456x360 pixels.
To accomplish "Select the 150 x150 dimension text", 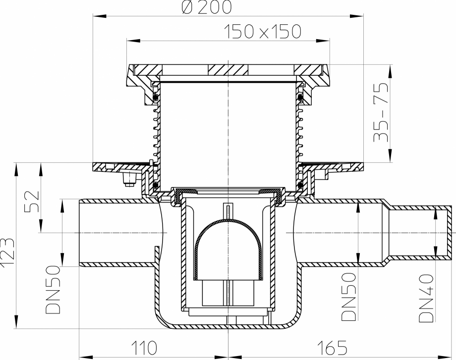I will (x=263, y=32).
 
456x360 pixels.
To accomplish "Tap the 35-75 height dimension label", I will (x=380, y=112).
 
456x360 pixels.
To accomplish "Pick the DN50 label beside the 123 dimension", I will (x=54, y=290).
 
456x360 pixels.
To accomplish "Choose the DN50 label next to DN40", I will (x=349, y=297).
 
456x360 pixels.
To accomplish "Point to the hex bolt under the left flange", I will (x=128, y=179).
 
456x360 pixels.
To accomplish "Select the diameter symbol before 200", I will (x=191, y=7).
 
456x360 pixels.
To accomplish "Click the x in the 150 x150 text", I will (x=263, y=33).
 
